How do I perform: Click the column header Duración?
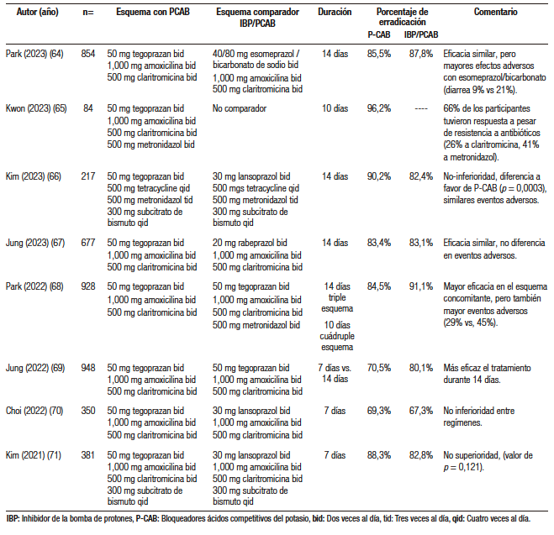(x=335, y=12)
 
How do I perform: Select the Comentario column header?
(x=495, y=12)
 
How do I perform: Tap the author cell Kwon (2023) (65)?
(x=36, y=108)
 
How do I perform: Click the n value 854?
(x=88, y=54)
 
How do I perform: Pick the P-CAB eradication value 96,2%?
(x=379, y=108)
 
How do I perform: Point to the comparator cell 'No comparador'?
(x=240, y=108)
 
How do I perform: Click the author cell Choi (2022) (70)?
(x=34, y=411)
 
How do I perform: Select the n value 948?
(x=88, y=368)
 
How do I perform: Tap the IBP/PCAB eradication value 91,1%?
(x=421, y=286)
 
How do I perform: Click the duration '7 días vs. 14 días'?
(x=335, y=374)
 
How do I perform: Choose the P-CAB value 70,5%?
(x=379, y=368)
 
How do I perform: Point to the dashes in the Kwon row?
(x=421, y=108)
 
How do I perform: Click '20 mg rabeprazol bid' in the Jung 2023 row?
(x=250, y=243)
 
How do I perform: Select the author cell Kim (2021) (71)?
(x=34, y=455)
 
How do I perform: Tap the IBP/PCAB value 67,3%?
(x=421, y=411)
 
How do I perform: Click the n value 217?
(x=88, y=176)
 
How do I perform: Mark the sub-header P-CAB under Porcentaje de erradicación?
(x=379, y=34)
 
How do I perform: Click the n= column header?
(x=88, y=13)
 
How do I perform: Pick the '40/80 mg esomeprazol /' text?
(x=256, y=54)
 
